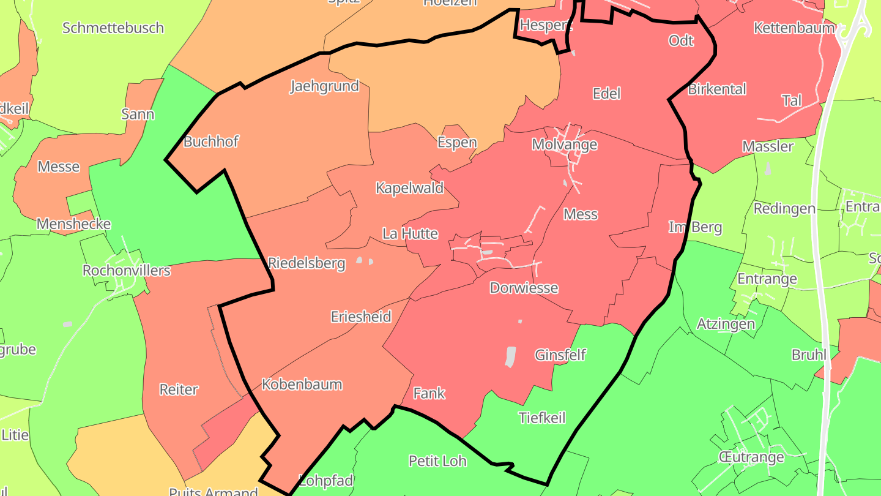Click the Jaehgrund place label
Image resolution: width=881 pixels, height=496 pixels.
[324, 86]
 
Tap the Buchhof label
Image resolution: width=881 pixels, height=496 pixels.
[211, 141]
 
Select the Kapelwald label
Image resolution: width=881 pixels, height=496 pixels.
[409, 188]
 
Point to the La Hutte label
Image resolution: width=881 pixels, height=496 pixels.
[410, 233]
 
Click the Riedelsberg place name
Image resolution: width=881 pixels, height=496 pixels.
[307, 263]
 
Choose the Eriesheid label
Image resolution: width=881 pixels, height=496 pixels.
[361, 317]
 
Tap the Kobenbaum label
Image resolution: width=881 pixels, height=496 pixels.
[302, 385]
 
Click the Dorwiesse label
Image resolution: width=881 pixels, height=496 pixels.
[524, 288]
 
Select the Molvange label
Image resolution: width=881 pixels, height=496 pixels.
[564, 145]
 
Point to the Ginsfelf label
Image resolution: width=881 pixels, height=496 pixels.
[560, 355]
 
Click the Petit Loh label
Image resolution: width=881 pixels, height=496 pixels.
[437, 460]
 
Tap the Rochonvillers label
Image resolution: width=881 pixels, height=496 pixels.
[126, 270]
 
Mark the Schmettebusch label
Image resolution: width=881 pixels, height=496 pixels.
[113, 28]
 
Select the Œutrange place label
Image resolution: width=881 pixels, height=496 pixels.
[752, 457]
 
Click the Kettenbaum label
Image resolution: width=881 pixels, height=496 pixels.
[794, 28]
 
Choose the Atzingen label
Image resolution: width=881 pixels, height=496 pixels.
[726, 323]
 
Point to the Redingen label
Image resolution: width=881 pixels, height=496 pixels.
[784, 209]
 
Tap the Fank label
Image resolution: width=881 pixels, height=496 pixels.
[429, 393]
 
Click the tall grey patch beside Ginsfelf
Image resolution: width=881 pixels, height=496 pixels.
[510, 357]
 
